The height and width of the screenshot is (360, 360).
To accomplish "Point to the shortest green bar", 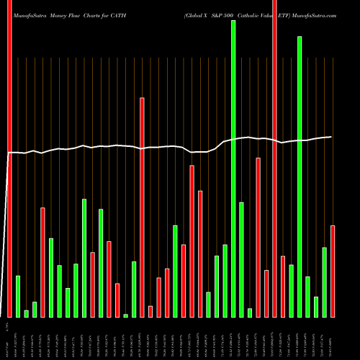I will coord(125,315).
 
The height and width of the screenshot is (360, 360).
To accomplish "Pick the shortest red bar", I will coord(150,311).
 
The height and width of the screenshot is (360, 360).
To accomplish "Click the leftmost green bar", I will coord(18,296).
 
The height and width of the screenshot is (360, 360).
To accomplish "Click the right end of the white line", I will coord(331,137).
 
